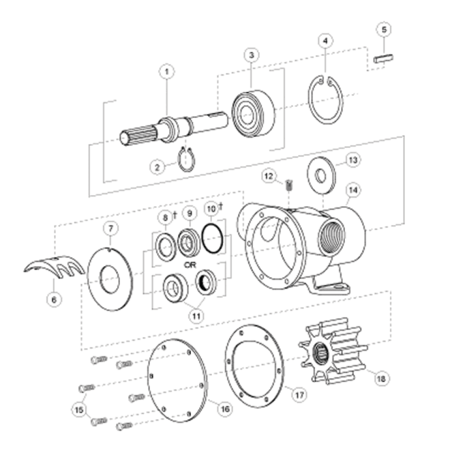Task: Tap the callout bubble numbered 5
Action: (384, 31)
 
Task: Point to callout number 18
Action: (381, 376)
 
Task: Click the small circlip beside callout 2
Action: (187, 158)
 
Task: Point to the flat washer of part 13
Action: (321, 173)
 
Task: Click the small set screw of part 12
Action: (287, 188)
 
